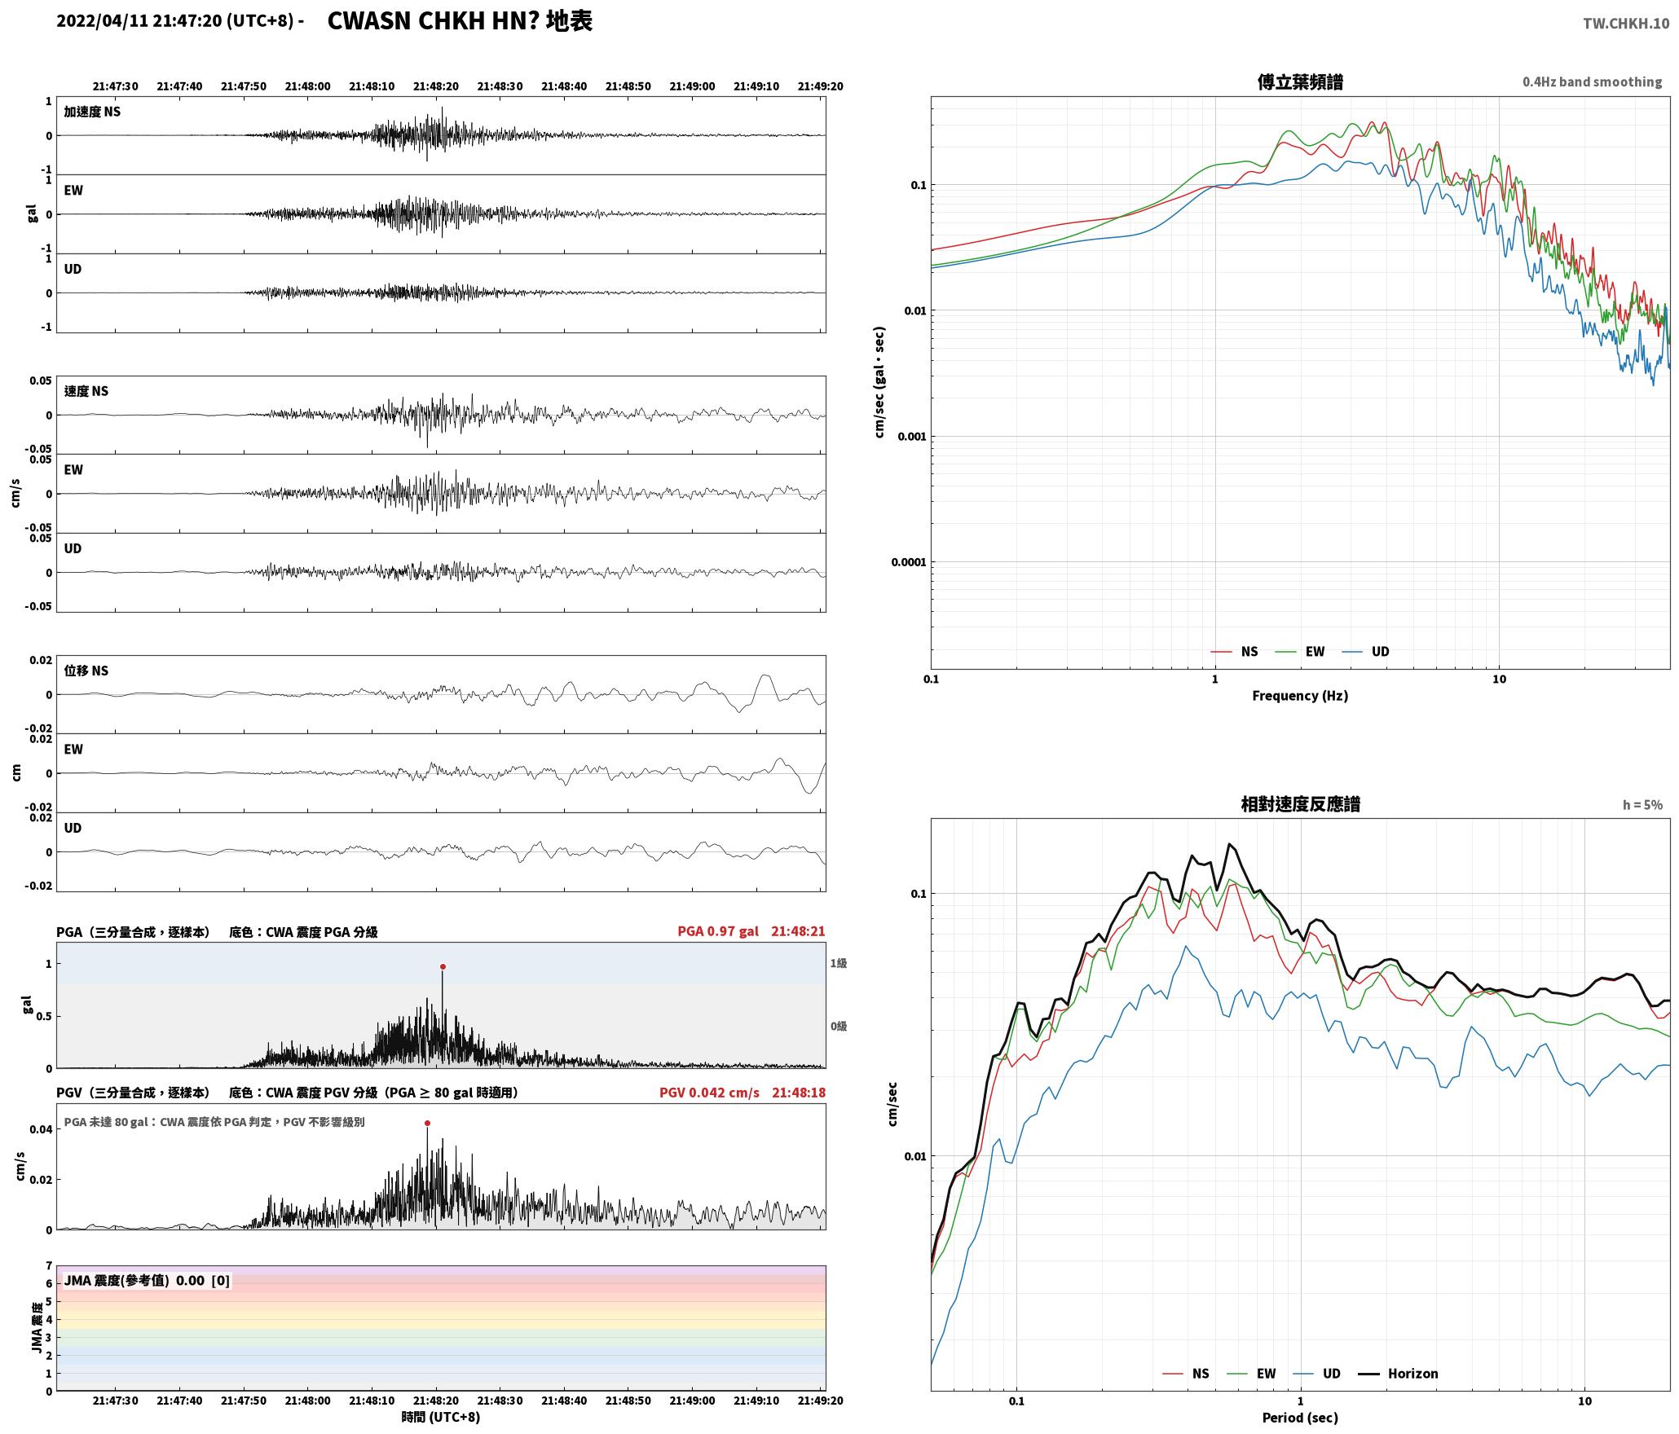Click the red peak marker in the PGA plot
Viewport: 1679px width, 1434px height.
tap(443, 967)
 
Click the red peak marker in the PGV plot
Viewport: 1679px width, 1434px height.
tap(427, 1124)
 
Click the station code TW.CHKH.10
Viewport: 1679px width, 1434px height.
tap(1626, 24)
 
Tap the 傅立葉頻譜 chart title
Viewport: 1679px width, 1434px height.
tap(1300, 82)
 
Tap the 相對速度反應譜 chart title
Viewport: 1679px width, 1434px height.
tap(1300, 804)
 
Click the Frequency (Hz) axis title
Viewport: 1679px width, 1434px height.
tap(1300, 696)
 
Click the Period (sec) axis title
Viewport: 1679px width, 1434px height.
tap(1300, 1418)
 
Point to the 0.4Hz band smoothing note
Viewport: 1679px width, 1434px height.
tap(1592, 82)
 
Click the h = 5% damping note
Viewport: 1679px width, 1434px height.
tap(1642, 805)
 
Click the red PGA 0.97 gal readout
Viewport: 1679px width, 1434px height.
tap(717, 931)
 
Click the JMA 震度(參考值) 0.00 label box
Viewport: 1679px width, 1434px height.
tap(147, 1281)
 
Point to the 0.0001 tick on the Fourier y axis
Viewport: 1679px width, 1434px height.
tap(906, 562)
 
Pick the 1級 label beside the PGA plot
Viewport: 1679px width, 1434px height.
tap(839, 964)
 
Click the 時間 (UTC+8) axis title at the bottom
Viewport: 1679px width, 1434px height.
tap(441, 1417)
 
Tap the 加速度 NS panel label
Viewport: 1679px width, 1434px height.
tap(92, 112)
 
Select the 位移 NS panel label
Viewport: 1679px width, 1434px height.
tap(86, 671)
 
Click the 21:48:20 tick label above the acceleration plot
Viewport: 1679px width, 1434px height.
tap(436, 86)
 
